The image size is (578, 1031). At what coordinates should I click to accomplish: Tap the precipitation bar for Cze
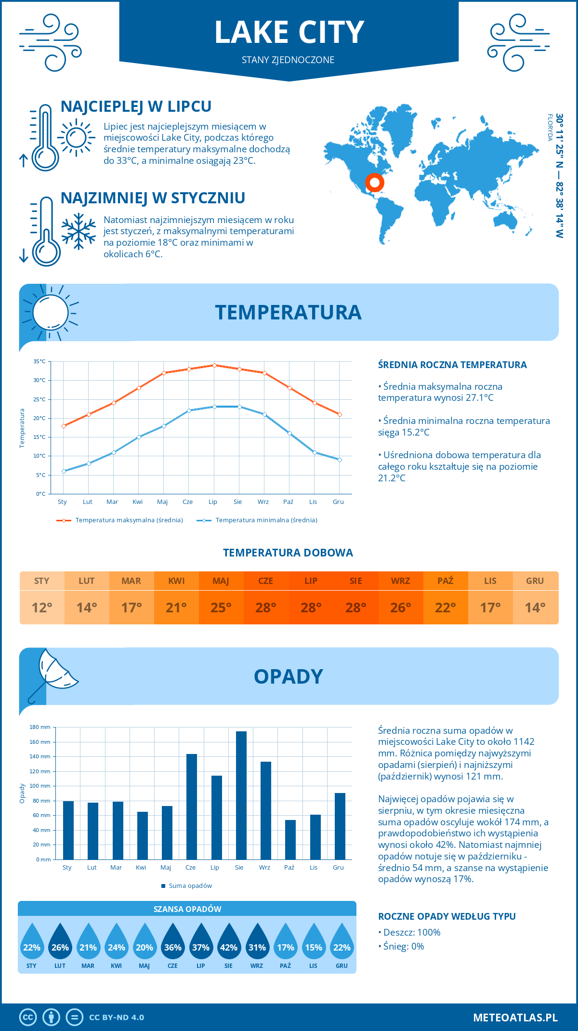pos(191,806)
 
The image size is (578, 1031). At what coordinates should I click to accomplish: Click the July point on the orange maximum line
pos(214,365)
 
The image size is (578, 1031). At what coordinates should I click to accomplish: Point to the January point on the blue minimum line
pos(64,471)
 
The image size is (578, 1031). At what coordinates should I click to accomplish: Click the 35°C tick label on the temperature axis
pos(39,361)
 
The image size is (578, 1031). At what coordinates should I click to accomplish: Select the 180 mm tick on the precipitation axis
pos(40,727)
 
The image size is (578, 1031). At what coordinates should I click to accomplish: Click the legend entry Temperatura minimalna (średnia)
pos(266,520)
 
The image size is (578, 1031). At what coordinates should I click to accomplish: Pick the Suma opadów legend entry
pos(190,886)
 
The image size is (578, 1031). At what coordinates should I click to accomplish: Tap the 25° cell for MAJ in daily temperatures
pos(221,608)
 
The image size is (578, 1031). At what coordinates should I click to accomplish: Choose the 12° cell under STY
pos(42,608)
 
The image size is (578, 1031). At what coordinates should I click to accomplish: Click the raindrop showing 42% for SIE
pos(229,941)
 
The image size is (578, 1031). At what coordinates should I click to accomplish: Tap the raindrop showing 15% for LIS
pos(314,941)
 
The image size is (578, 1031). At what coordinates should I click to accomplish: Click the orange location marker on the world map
pos(374,183)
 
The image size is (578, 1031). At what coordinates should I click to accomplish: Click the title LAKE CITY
pos(289,33)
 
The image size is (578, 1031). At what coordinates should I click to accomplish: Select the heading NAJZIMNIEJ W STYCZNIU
pos(153,198)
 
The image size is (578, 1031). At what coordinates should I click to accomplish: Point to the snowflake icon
pos(79,231)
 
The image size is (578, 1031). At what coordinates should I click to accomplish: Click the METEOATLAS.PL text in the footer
pos(515,1017)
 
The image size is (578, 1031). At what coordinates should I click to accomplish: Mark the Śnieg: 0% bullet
pos(404,946)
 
